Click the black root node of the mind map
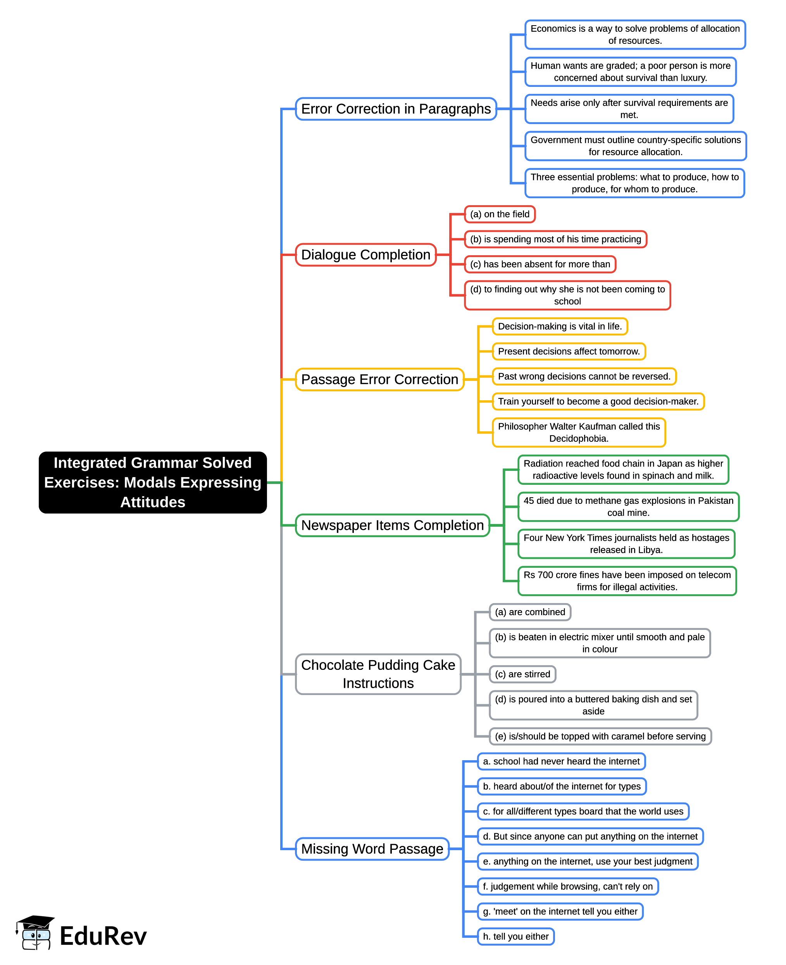[153, 482]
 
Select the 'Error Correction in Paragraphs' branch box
[396, 109]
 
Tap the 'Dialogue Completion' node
[365, 254]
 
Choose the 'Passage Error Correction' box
[379, 379]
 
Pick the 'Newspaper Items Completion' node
[392, 525]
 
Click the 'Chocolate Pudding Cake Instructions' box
[378, 674]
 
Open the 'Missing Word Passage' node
[372, 849]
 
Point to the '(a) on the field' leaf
[500, 214]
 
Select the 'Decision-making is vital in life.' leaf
[560, 326]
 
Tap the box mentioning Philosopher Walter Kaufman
[579, 432]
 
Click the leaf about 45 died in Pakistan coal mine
[628, 507]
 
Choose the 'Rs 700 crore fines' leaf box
[627, 581]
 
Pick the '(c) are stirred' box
[522, 674]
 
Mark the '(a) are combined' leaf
[530, 612]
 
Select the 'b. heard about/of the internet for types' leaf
[562, 786]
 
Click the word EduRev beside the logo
[103, 936]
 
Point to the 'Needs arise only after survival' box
[629, 109]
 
